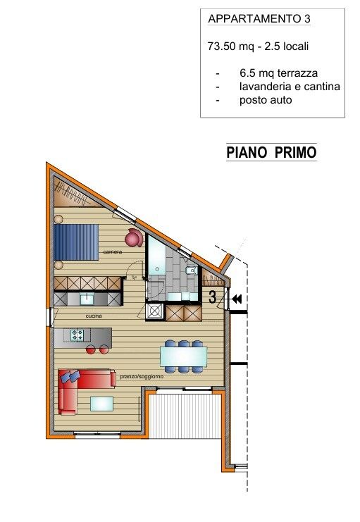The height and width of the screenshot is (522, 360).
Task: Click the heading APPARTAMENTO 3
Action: point(260,19)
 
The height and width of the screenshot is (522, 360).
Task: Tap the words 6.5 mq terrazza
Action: point(275,73)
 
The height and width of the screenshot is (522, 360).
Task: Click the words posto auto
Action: point(265,100)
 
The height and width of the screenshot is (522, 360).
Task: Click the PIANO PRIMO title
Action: point(271,152)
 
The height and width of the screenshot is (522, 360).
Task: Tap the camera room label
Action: point(112,251)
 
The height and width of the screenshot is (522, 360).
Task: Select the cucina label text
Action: point(94,316)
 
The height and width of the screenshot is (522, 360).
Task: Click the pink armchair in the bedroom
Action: point(134,237)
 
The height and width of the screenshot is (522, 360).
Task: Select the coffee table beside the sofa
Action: point(101,403)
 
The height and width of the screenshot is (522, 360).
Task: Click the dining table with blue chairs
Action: point(183,356)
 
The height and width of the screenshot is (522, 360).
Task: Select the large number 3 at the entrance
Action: point(212,297)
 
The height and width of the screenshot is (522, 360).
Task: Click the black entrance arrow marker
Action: point(236,299)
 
